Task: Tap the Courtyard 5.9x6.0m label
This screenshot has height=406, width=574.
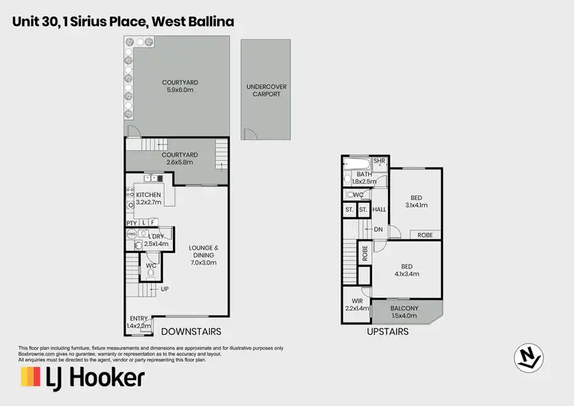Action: [180, 87]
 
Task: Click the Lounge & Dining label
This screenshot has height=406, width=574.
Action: [204, 254]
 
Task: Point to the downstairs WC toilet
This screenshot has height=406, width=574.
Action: [151, 271]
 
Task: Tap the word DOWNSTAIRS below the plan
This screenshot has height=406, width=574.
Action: [191, 332]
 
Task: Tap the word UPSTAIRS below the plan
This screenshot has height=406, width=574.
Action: [387, 332]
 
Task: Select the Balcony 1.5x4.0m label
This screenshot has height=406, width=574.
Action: [404, 312]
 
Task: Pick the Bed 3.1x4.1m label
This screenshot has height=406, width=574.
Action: [416, 201]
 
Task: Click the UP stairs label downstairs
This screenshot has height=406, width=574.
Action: [165, 289]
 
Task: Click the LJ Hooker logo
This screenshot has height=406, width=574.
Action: [83, 377]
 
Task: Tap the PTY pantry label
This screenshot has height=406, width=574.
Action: [131, 222]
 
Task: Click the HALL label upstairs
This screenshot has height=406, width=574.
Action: [379, 209]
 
